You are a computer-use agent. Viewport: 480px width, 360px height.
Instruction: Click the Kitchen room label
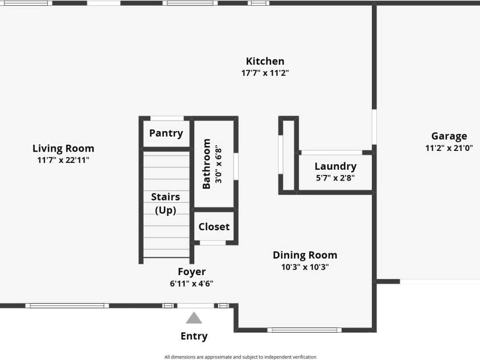pos(265,61)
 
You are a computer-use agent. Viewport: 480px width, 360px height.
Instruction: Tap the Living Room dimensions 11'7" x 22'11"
pos(63,160)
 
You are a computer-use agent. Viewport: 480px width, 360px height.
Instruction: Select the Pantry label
pos(166,133)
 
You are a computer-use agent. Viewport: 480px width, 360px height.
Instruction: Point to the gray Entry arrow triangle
pos(194,318)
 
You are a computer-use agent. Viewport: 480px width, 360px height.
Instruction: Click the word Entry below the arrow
pos(194,336)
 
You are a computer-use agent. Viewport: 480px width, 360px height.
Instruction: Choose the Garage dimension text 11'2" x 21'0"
pos(449,148)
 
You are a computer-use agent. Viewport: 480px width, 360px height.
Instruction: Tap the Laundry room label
pos(335,166)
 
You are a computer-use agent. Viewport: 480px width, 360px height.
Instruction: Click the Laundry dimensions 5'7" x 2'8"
pos(335,178)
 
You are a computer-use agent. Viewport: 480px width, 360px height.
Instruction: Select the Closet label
pos(214,227)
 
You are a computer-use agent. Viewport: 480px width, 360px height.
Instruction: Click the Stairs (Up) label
pos(166,203)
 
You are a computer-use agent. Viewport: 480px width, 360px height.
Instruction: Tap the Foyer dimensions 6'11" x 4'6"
pos(192,284)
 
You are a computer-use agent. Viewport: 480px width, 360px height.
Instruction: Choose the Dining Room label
pos(305,255)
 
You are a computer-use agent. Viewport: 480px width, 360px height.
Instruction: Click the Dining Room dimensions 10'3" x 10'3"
pos(305,267)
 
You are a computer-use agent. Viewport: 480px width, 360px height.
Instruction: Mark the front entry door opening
pos(196,305)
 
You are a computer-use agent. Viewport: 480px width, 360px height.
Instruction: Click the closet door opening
pos(213,243)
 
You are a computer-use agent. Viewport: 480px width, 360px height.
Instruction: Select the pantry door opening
pos(167,118)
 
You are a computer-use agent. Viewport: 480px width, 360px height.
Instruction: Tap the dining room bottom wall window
pos(304,330)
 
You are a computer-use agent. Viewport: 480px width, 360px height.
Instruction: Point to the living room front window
pos(67,305)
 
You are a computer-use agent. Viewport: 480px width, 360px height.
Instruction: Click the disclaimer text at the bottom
pos(240,357)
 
